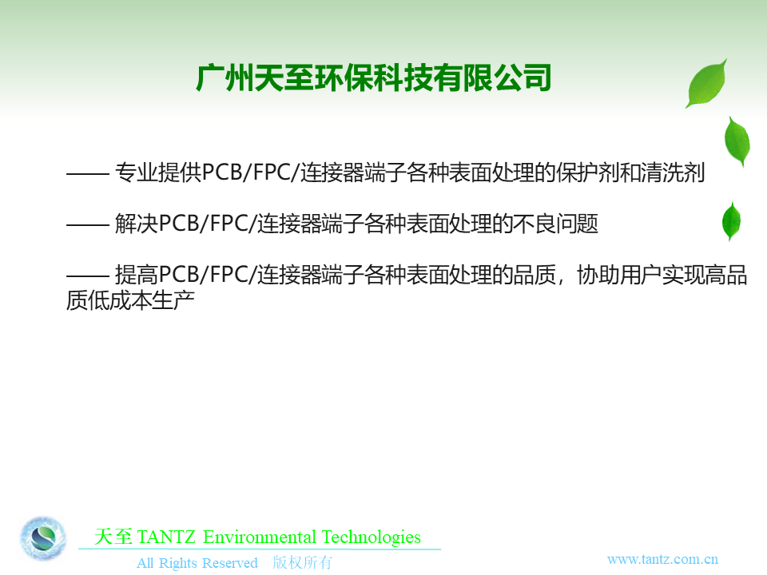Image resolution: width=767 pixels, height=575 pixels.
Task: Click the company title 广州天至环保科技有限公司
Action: [374, 77]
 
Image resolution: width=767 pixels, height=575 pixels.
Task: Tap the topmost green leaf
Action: [707, 84]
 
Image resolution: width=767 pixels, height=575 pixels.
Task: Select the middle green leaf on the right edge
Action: [737, 141]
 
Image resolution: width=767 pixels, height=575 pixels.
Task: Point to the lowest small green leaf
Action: [731, 221]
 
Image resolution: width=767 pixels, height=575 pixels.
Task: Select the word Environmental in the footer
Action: [259, 537]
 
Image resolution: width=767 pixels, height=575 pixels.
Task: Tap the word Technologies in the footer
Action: [372, 537]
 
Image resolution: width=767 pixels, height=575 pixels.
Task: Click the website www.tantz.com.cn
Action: [662, 559]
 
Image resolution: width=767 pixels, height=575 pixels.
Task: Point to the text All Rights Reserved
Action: [197, 563]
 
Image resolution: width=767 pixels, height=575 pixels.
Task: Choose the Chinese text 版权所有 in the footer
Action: [302, 562]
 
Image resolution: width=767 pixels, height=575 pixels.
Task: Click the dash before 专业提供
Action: [88, 173]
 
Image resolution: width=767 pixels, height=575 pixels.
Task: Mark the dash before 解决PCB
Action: [88, 224]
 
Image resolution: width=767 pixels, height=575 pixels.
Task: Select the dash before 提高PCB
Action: [88, 276]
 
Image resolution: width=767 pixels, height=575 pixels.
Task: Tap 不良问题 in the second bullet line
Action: [556, 224]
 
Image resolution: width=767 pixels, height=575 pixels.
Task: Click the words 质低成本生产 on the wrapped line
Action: [130, 300]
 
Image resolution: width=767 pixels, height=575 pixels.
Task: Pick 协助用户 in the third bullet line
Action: [619, 275]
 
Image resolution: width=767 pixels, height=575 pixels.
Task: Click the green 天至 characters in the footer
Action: [113, 537]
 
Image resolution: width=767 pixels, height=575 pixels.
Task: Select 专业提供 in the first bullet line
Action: [158, 172]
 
